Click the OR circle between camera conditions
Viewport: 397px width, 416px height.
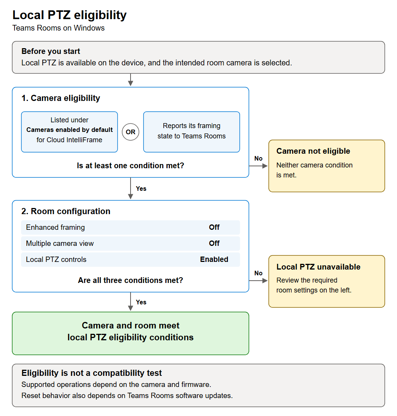point(130,132)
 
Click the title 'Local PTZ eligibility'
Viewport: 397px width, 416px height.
point(69,15)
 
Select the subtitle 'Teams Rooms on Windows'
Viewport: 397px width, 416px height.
point(58,28)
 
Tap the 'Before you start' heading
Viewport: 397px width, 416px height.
point(51,51)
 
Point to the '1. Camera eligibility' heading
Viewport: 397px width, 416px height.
point(61,98)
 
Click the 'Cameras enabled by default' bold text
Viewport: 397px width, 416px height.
point(69,130)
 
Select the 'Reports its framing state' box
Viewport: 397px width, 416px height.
point(192,132)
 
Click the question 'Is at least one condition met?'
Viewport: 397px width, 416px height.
point(130,166)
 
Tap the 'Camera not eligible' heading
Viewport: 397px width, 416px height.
point(313,151)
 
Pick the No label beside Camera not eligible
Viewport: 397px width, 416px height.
point(258,158)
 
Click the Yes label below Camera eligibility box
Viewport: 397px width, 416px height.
point(141,188)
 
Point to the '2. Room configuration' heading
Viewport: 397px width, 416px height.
point(66,211)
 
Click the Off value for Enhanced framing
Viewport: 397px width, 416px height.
point(214,227)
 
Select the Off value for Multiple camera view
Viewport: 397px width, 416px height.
point(214,243)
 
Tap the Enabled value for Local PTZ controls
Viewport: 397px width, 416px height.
point(214,259)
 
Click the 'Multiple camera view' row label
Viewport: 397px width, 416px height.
point(60,243)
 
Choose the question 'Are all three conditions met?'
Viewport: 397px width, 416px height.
point(130,280)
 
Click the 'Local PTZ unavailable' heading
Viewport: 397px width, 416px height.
point(318,266)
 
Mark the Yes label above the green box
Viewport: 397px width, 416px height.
point(141,302)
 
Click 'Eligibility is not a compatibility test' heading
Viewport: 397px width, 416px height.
point(91,373)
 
